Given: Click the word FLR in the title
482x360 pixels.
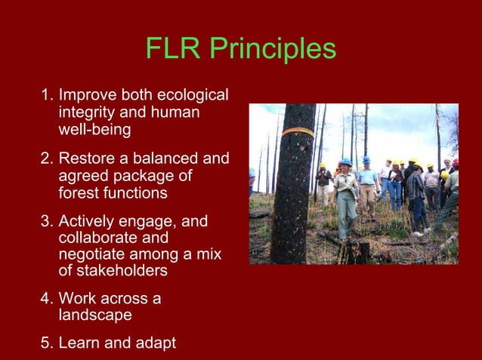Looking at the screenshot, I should (171, 50).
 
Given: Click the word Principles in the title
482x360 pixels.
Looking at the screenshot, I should (272, 50).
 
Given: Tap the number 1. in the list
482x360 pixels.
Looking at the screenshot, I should (48, 96).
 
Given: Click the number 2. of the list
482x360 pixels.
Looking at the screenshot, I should (48, 159).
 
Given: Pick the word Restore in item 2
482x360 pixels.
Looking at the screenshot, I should (87, 159).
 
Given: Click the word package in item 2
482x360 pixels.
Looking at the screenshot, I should (141, 176).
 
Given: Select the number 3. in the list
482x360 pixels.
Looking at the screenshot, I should (48, 223).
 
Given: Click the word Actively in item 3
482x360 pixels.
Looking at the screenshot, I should (87, 223).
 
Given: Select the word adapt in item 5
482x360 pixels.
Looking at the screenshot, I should (153, 343).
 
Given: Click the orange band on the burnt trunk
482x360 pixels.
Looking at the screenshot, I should (298, 132).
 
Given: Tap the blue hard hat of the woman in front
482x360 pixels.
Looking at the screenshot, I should (345, 162).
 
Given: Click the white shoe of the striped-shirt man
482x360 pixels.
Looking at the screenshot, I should (418, 233).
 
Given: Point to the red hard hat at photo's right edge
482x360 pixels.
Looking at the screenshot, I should (455, 162).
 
